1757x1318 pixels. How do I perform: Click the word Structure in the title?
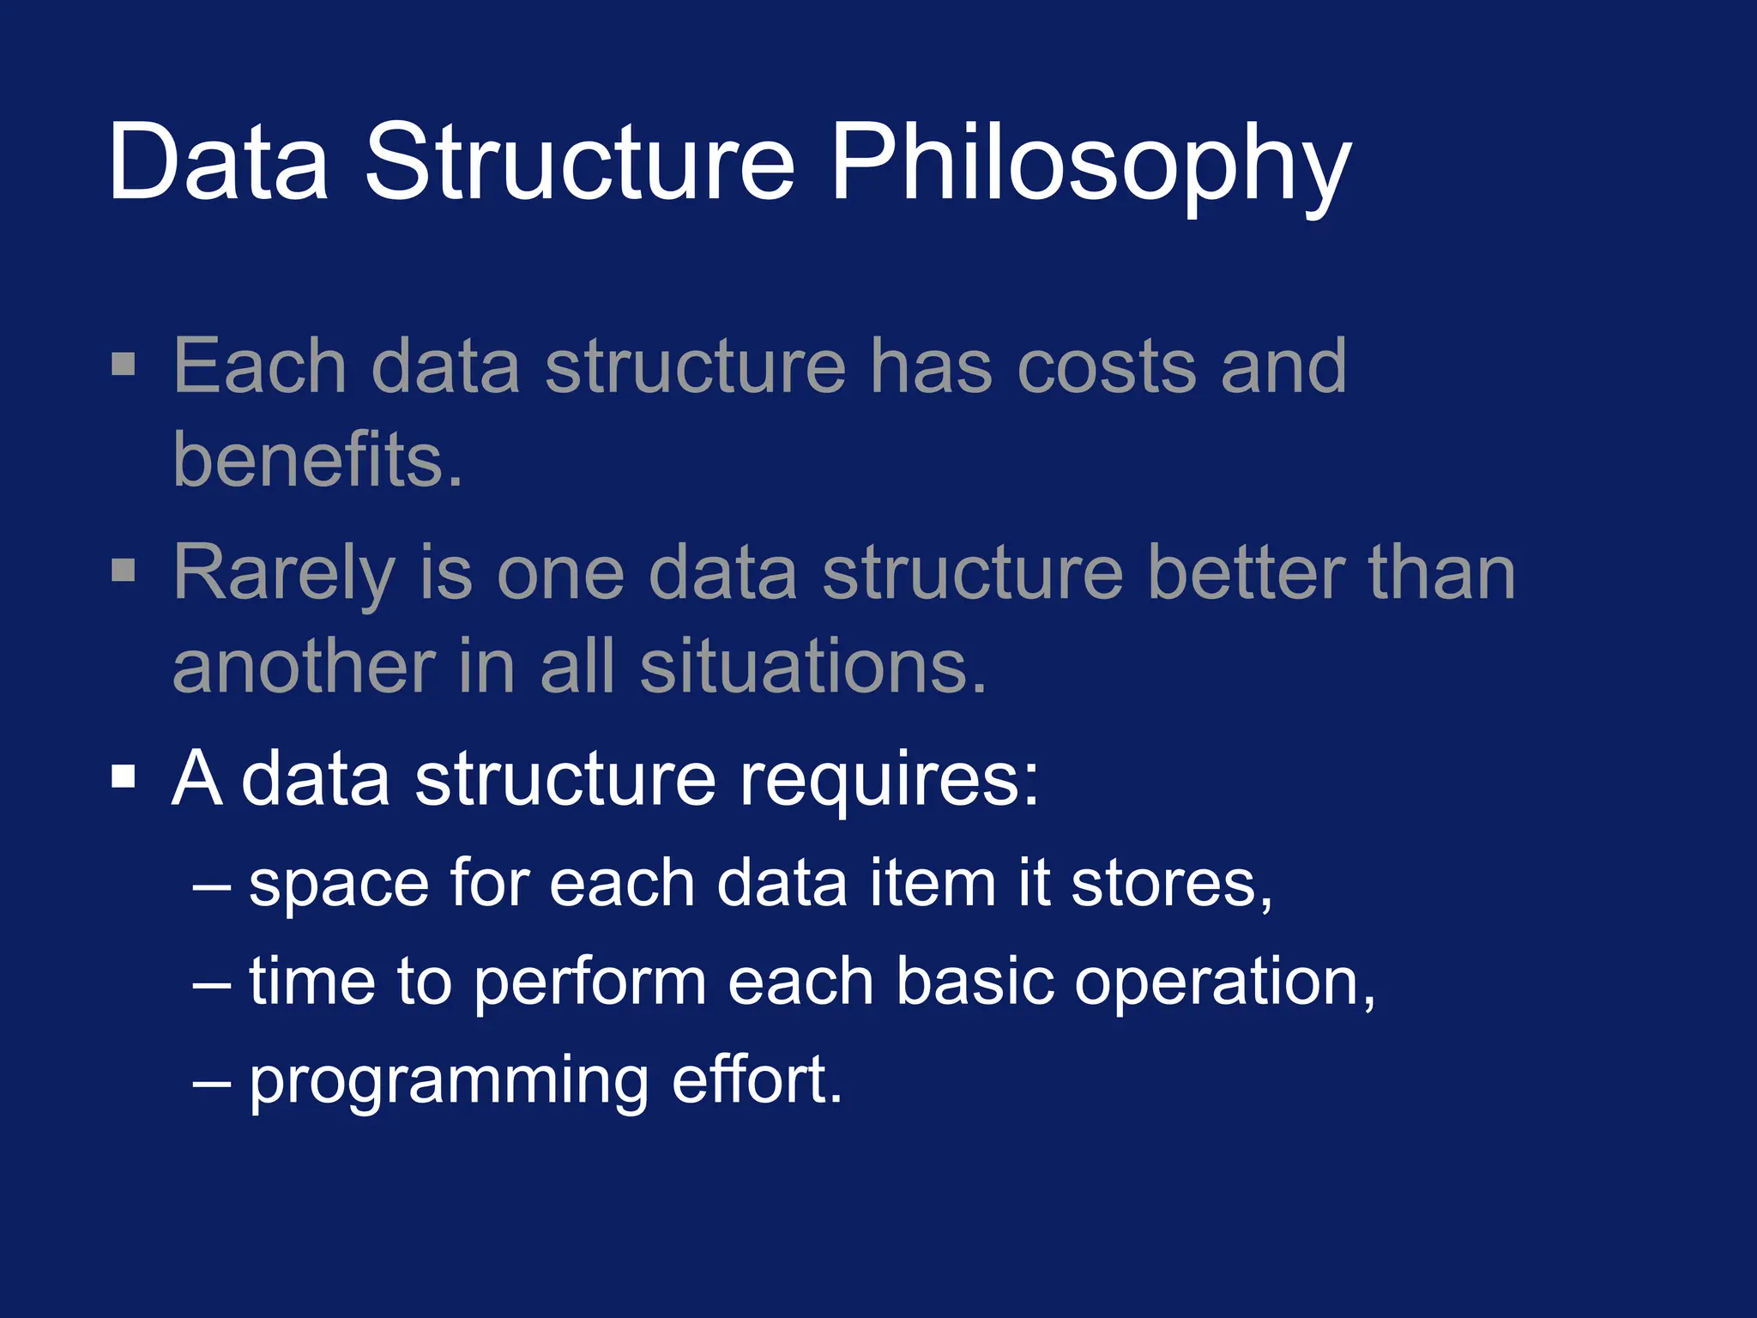pyautogui.click(x=580, y=163)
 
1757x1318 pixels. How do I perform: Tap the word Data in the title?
pyautogui.click(x=219, y=163)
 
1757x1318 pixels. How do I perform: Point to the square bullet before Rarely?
pyautogui.click(x=124, y=570)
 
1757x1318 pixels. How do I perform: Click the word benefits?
pyautogui.click(x=317, y=460)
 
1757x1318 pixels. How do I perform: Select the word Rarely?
pyautogui.click(x=283, y=573)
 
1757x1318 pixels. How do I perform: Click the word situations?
pyautogui.click(x=813, y=668)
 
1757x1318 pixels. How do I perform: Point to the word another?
pyautogui.click(x=305, y=668)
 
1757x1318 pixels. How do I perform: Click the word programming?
pyautogui.click(x=449, y=1083)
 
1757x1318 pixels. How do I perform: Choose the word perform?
pyautogui.click(x=589, y=983)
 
